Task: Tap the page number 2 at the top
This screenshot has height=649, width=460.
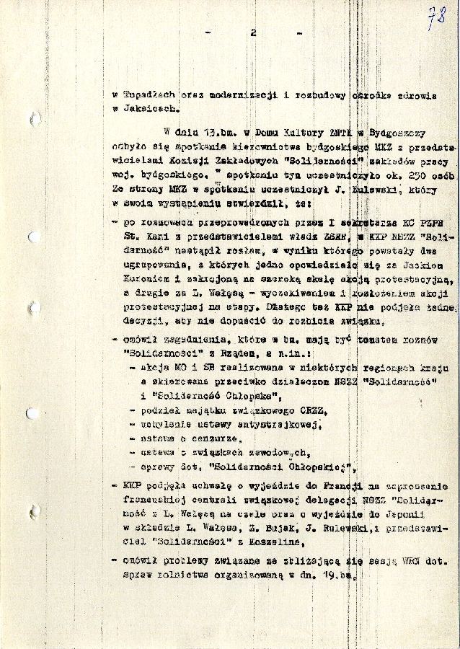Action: coord(253,32)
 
